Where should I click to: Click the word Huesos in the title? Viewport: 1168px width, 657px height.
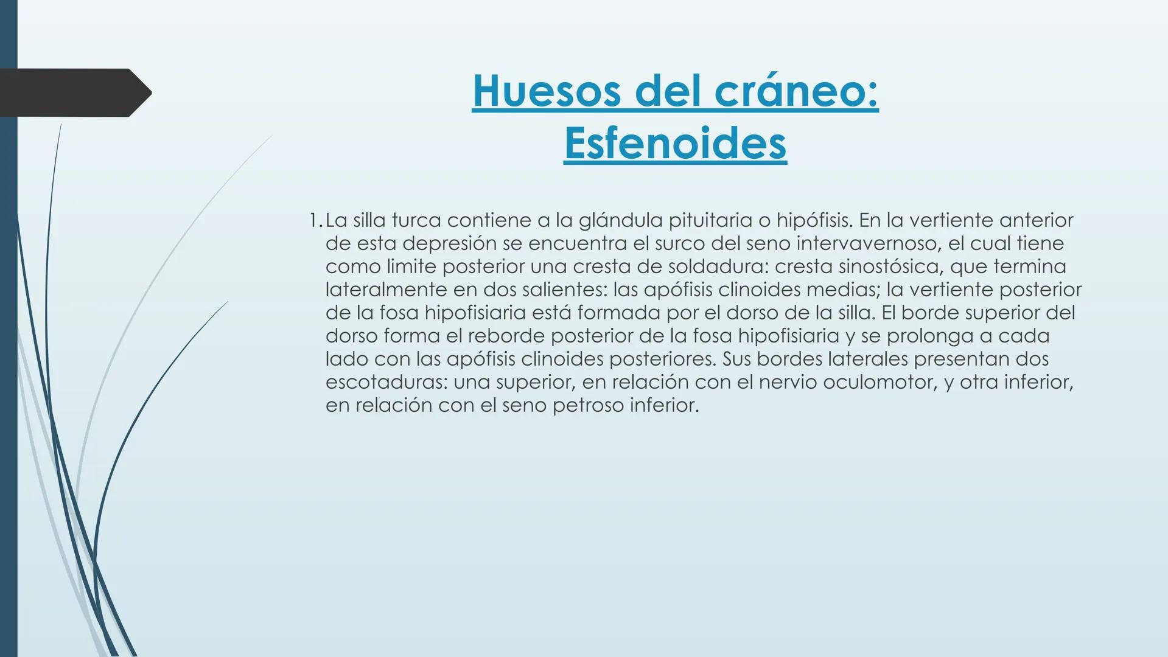point(547,91)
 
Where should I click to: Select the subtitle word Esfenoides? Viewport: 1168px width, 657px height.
point(675,144)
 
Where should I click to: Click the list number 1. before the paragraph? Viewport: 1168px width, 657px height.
point(315,220)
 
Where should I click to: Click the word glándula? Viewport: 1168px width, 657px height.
point(620,220)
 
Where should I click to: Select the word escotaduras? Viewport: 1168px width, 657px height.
point(385,382)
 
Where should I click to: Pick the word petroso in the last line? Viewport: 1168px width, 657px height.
point(588,405)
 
